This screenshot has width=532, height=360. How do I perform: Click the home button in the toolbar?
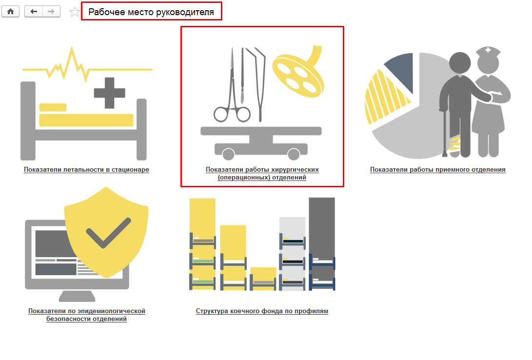11,12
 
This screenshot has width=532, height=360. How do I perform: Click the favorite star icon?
74,12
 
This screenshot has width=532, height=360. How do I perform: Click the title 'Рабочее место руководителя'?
151,12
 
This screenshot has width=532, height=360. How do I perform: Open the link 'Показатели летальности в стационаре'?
86,169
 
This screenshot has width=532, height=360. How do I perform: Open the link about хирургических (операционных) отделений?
262,173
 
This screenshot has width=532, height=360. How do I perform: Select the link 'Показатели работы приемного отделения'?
438,169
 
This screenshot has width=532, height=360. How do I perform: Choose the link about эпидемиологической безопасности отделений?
86,315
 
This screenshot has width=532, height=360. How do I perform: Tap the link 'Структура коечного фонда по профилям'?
262,311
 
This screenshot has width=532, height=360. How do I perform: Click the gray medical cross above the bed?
109,93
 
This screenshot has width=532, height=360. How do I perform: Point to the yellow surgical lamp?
298,73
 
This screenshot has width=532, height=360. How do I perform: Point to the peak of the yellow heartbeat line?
72,47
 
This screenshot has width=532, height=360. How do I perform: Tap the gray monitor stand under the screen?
77,296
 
